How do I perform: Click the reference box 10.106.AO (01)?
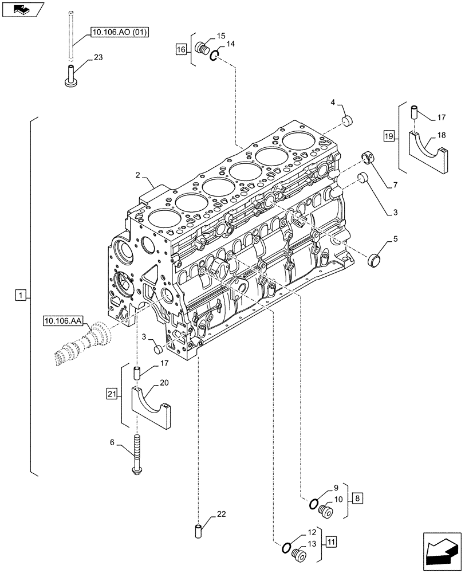click(119, 33)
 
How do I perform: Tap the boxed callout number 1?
click(20, 295)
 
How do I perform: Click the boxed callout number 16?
click(181, 50)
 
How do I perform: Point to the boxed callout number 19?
click(389, 136)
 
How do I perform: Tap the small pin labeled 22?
click(199, 531)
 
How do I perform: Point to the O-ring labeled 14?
click(214, 56)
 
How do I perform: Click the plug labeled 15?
click(202, 48)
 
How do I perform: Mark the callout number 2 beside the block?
click(138, 175)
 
